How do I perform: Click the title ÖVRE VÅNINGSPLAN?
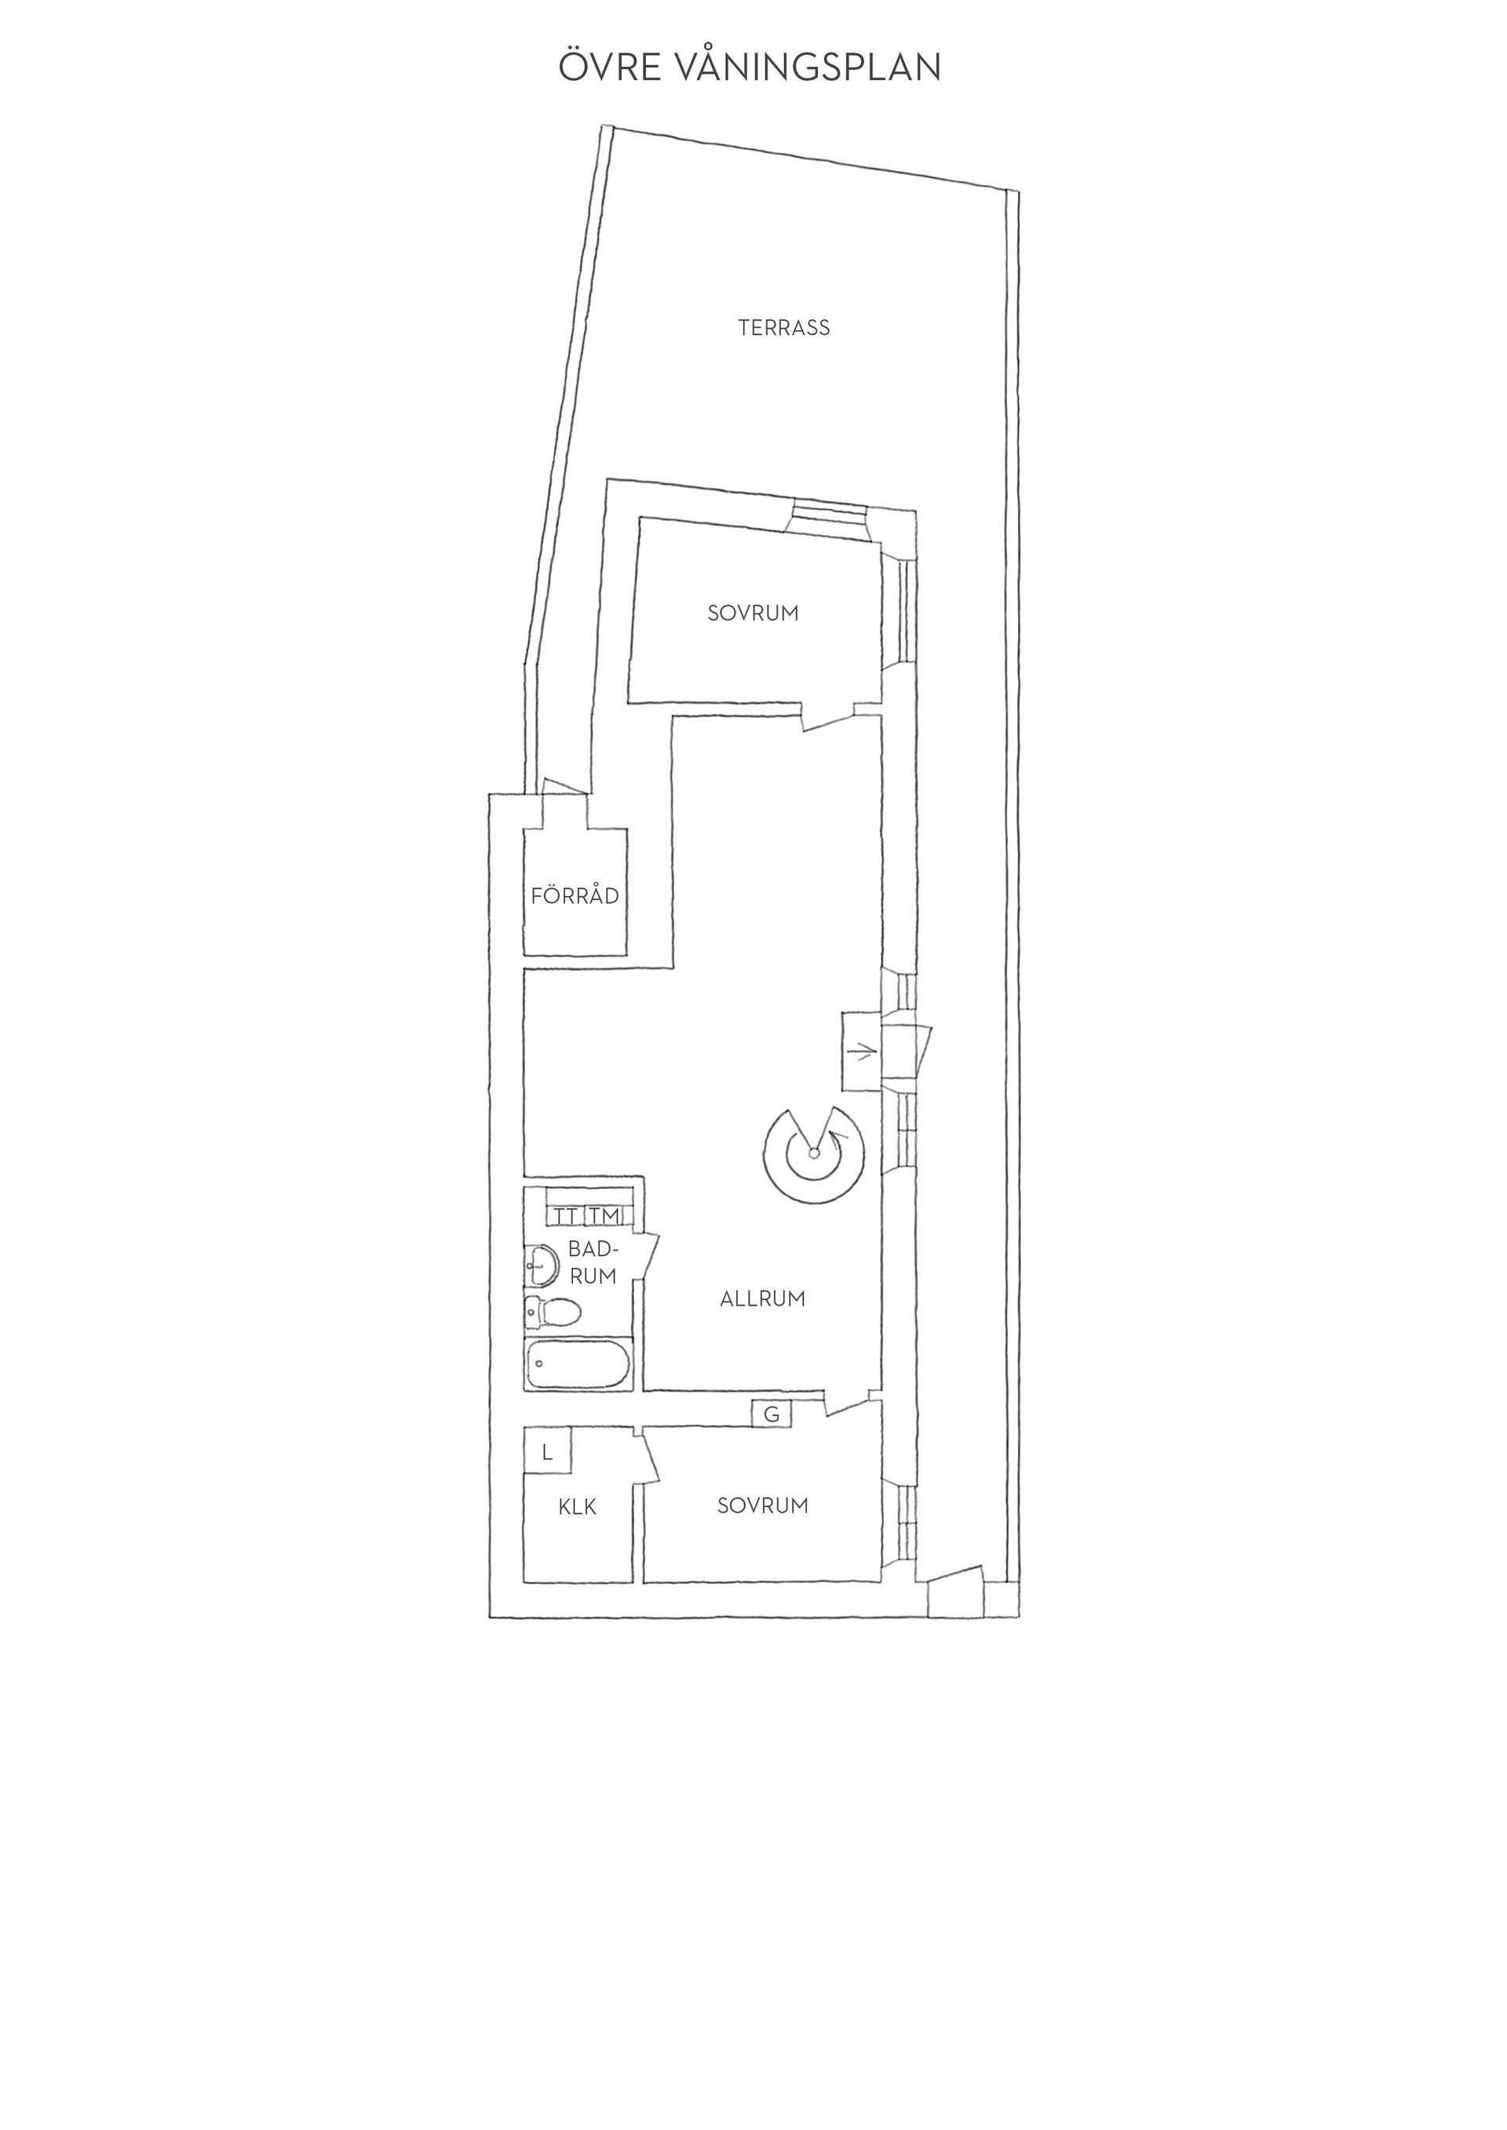pyautogui.click(x=750, y=66)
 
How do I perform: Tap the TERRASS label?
pyautogui.click(x=784, y=327)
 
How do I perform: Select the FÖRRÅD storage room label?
pyautogui.click(x=575, y=895)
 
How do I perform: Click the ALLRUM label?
pyautogui.click(x=763, y=1298)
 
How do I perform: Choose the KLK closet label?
pyautogui.click(x=577, y=1508)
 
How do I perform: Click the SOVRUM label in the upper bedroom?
pyautogui.click(x=753, y=614)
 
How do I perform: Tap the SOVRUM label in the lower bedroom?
pyautogui.click(x=763, y=1506)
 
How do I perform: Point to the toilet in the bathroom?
pyautogui.click(x=553, y=1311)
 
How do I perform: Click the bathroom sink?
pyautogui.click(x=541, y=1265)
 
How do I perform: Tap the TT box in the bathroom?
pyautogui.click(x=565, y=1215)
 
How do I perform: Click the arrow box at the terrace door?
pyautogui.click(x=861, y=1051)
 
